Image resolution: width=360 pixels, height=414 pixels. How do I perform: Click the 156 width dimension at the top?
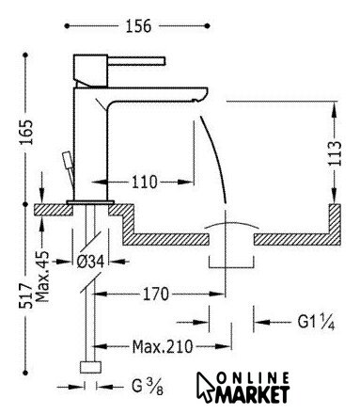(x=138, y=26)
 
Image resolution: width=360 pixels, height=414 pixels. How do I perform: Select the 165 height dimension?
(x=26, y=132)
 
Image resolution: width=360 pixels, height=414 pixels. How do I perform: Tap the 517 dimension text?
(x=25, y=295)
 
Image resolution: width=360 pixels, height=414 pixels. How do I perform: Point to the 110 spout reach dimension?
(x=144, y=183)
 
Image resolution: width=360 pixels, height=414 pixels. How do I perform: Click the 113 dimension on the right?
(x=335, y=153)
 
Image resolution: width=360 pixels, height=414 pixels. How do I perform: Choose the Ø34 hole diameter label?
(x=90, y=262)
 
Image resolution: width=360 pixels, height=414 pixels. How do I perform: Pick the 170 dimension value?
(x=156, y=295)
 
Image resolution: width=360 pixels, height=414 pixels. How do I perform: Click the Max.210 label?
(x=163, y=346)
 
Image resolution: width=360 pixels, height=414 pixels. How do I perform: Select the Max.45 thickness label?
(x=42, y=276)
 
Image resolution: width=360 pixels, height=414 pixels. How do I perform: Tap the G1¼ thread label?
(x=316, y=322)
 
